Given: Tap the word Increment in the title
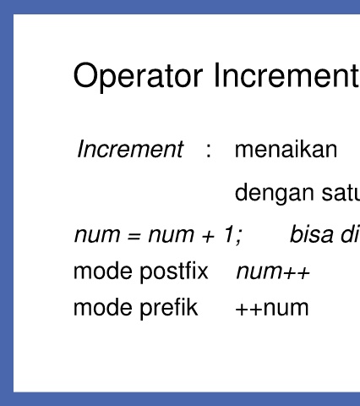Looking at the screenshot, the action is click(286, 75).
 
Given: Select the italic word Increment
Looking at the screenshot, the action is click(130, 149).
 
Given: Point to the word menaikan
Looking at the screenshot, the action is click(286, 149).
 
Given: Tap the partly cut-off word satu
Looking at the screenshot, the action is click(341, 193).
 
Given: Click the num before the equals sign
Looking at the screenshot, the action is click(97, 235).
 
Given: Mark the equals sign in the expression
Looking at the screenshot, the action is click(134, 236).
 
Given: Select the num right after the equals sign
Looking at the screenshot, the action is click(172, 235).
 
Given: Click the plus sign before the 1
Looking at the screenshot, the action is click(208, 236).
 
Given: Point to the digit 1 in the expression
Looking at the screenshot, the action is click(228, 233).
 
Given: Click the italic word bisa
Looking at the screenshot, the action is click(312, 233).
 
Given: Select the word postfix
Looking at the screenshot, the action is click(174, 272).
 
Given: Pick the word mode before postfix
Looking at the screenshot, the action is click(103, 272).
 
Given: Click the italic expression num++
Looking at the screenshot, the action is click(273, 272).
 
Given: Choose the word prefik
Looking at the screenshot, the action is click(169, 309).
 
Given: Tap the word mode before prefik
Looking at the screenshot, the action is click(103, 307).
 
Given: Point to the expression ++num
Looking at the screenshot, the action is click(272, 309).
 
